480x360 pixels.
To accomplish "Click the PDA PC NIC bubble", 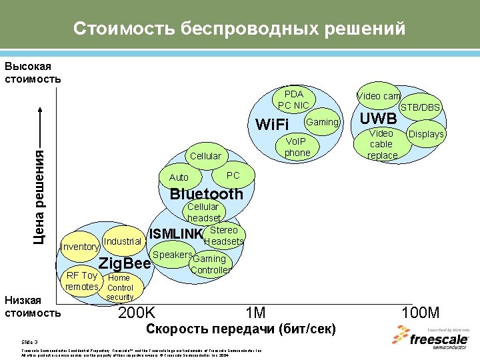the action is [x=293, y=100].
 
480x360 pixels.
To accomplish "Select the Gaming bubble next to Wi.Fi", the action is [x=323, y=122].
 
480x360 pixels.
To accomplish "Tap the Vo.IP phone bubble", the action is [x=297, y=148].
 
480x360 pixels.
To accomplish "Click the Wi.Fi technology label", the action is [x=272, y=125].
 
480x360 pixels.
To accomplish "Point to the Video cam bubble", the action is [x=379, y=96].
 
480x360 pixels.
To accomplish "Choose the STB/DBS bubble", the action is [x=420, y=107].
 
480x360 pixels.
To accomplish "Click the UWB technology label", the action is [x=379, y=119].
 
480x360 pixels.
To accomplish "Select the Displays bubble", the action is [x=425, y=134].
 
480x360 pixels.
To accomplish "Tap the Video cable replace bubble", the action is [x=381, y=145].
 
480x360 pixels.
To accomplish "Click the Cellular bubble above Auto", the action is [x=205, y=156].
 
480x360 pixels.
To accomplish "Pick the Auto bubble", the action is [x=179, y=177].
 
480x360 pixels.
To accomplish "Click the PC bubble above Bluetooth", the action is [x=233, y=175].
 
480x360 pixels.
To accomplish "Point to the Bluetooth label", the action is [x=207, y=194].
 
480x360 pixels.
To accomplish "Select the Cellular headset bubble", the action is [x=204, y=213].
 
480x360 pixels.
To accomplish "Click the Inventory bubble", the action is [x=79, y=247].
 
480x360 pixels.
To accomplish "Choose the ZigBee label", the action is [x=125, y=263].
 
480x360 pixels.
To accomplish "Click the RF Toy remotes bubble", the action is [x=81, y=281].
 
